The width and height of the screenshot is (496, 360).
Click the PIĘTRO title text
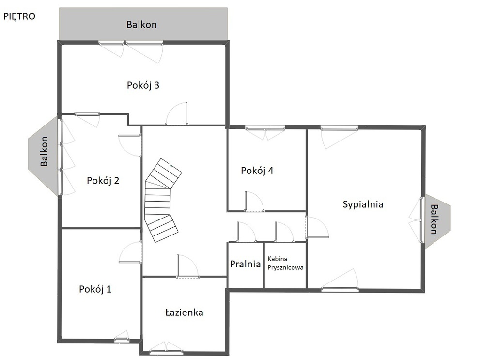[x=19, y=16]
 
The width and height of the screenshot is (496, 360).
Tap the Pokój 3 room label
[x=143, y=85]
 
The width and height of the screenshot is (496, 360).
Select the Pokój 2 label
[x=103, y=181]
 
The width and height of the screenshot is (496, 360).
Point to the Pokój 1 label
[x=95, y=289]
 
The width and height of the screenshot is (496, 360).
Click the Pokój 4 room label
[x=257, y=171]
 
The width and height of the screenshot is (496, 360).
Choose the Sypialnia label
[x=363, y=204]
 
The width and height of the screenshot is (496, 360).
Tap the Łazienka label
[x=184, y=313]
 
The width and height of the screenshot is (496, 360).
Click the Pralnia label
[x=245, y=264]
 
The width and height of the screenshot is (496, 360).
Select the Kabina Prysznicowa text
[x=285, y=263]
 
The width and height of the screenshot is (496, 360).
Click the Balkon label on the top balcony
[x=141, y=25]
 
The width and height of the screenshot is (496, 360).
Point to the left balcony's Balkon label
[x=44, y=151]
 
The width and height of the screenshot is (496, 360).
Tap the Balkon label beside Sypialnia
[x=434, y=219]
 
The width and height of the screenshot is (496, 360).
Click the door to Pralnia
[x=247, y=232]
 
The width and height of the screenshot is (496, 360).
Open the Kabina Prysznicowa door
[x=285, y=232]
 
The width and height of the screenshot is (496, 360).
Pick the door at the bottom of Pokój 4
[x=254, y=202]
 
